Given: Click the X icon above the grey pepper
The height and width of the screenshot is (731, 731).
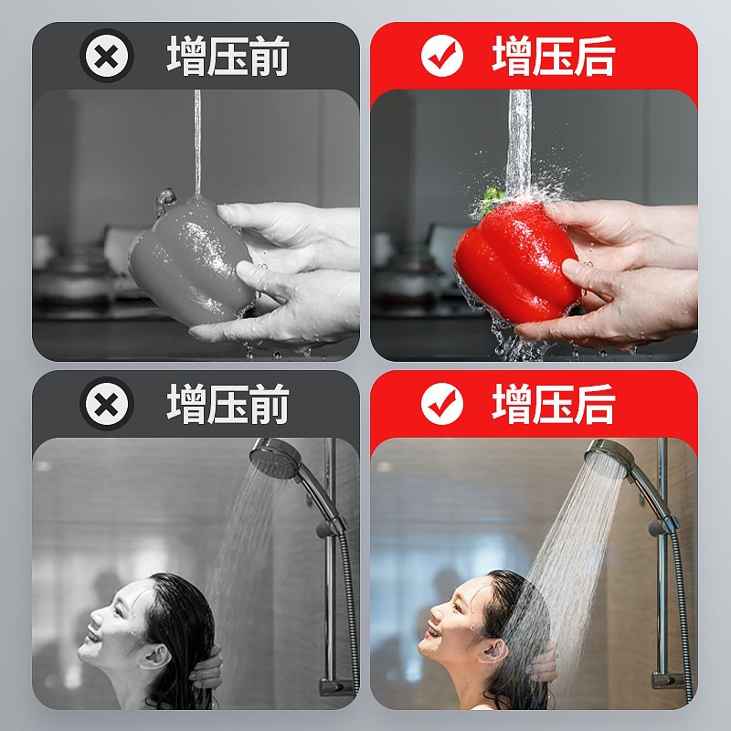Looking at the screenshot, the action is point(107,56).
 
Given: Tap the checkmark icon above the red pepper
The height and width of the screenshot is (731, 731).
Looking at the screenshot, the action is point(442,56).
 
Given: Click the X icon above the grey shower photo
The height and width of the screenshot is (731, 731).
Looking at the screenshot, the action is point(107,404).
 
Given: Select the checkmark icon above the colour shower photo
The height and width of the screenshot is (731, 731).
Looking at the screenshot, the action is point(442,404).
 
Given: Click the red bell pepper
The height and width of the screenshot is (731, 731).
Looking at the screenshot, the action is point(517,261).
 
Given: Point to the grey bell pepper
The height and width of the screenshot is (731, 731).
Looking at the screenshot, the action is point(192,261).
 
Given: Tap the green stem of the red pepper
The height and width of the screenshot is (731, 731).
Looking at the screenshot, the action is point(492,198).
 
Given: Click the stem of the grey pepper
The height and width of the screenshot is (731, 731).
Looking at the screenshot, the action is point(166,200).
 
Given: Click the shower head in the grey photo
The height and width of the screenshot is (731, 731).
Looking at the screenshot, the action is point(276,459).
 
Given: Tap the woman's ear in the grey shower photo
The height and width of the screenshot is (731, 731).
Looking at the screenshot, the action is point(155,656).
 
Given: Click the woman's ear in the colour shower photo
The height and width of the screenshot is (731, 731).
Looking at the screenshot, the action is point(495,652).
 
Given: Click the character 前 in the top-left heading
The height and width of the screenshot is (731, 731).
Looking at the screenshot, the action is point(269,56).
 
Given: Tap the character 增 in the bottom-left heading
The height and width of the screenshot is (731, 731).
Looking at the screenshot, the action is point(186,404).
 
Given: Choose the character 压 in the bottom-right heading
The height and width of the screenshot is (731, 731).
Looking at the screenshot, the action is point(553,404).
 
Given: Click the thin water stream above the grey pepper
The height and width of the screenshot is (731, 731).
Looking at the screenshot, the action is point(197,143).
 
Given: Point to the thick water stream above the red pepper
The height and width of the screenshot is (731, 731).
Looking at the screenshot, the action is point(519,143).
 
